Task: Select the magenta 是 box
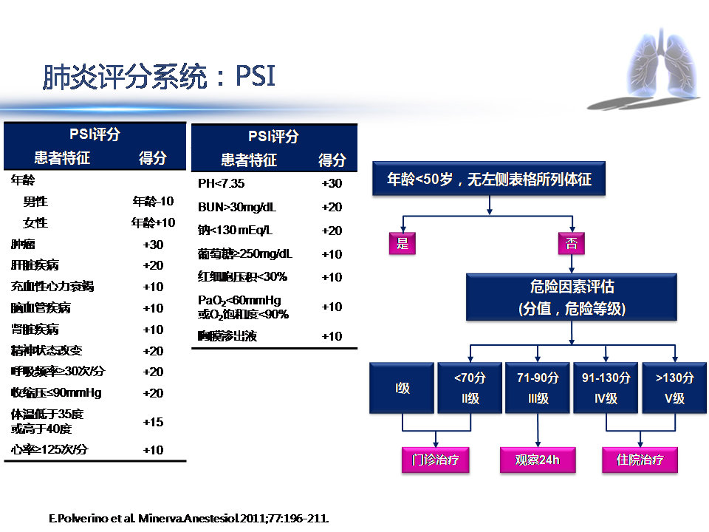pos(403,243)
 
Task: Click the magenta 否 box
pos(571,243)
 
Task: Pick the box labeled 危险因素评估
pos(572,297)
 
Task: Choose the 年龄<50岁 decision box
pos(490,180)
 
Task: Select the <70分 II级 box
pos(470,387)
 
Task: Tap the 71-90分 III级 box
pos(538,387)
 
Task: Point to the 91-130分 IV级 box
pos(606,387)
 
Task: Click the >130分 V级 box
pos(674,387)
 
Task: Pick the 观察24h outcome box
pos(537,460)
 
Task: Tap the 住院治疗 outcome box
pos(640,460)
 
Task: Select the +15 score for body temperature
pos(153,422)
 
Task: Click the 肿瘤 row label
pos(23,245)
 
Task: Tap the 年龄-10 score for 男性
pos(153,201)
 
